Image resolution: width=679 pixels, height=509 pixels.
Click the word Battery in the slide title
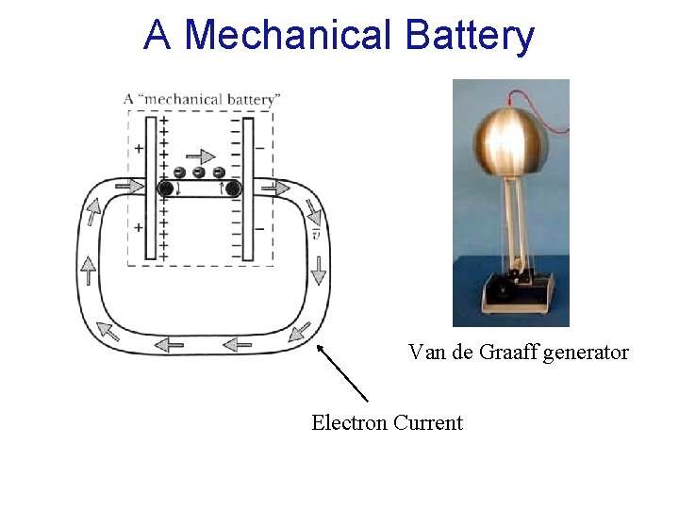471,37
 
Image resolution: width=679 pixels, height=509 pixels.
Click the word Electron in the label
349,422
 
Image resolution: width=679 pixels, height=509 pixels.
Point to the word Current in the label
428,422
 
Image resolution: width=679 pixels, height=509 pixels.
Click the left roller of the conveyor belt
165,189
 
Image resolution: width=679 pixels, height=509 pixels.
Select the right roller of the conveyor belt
231,189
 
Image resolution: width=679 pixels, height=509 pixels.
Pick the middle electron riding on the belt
199,172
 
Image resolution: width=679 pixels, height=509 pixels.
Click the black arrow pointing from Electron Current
340,372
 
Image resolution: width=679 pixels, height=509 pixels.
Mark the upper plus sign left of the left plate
139,148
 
